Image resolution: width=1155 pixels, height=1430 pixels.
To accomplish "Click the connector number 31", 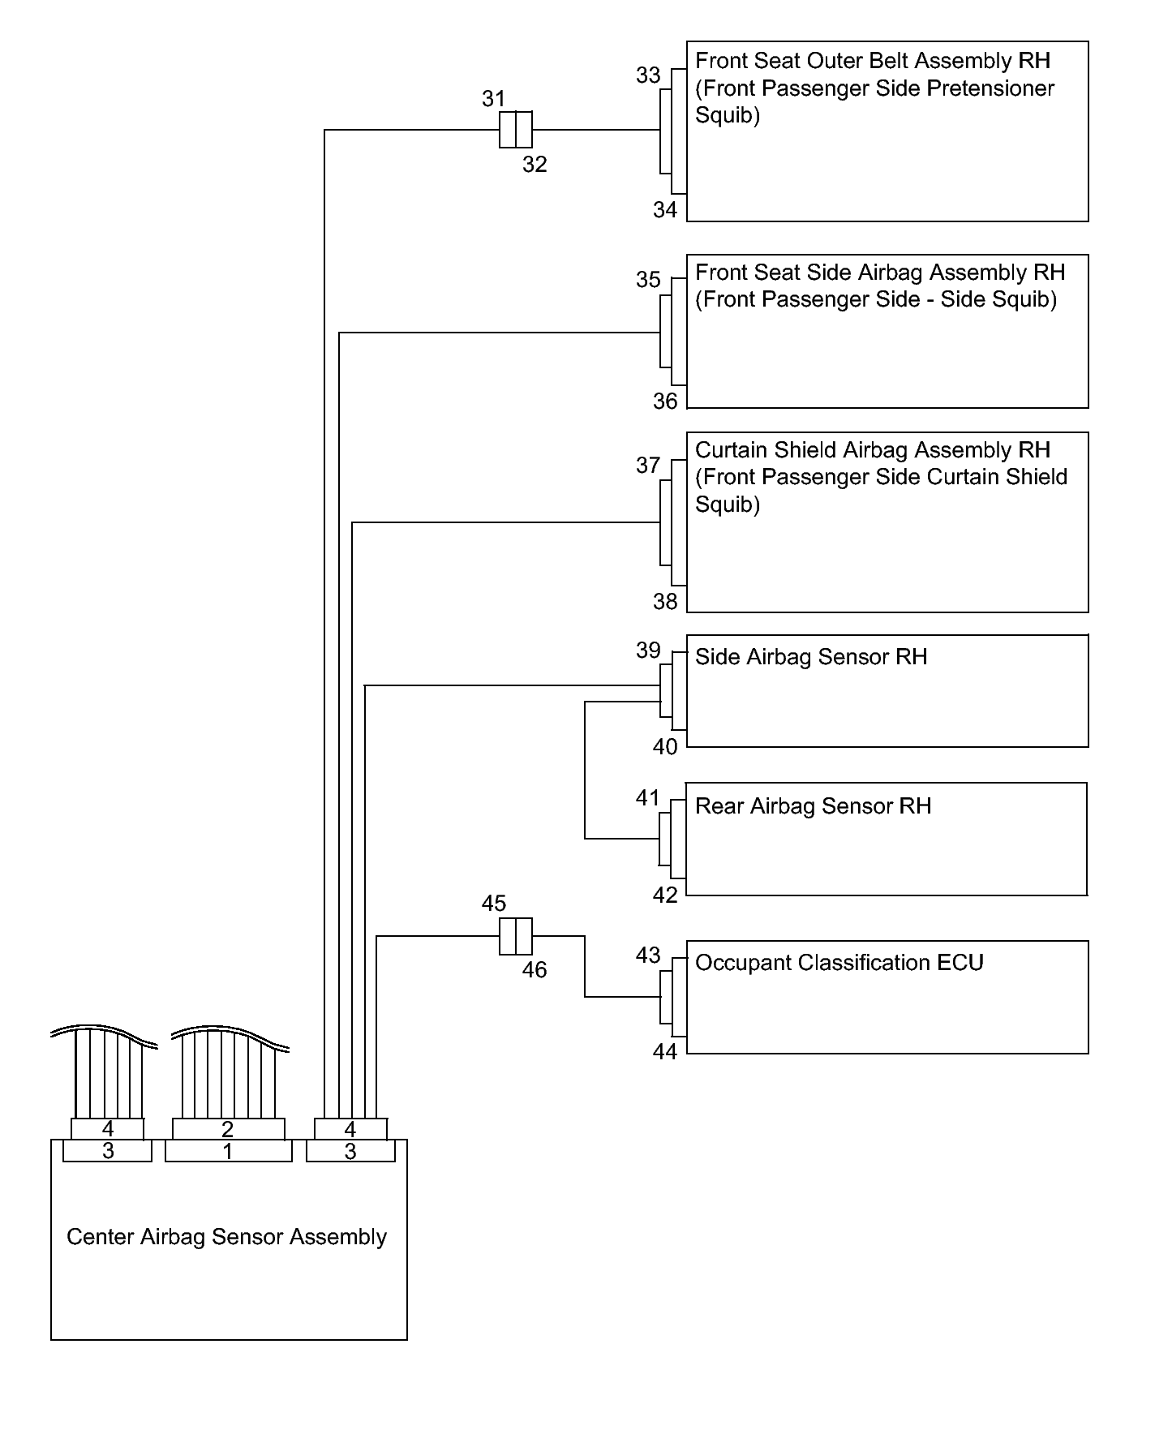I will tap(493, 99).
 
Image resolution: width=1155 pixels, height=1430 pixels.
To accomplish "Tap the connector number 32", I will tap(535, 165).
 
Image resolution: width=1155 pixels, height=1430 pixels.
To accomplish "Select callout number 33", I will tap(648, 75).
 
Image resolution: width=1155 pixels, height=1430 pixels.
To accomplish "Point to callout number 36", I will tap(665, 402).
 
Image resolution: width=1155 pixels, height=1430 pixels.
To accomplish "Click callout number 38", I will tap(665, 602).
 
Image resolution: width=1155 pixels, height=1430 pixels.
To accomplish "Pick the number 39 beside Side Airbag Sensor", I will tap(648, 651).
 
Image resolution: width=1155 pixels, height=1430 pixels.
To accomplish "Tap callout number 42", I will tap(665, 895).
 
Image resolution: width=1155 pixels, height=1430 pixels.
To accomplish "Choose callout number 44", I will tap(665, 1052).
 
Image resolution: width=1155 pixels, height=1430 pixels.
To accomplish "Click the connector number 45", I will tap(493, 904).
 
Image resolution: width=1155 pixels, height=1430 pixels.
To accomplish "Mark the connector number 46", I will tap(535, 970).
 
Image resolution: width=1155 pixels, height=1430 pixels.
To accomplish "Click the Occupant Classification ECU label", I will tap(839, 963).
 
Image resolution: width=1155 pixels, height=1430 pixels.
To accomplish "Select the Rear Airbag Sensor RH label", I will tap(813, 806).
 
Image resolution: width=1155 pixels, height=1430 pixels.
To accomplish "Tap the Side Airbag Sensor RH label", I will tap(811, 657).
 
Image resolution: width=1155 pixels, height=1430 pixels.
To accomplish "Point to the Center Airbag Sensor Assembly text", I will tap(226, 1237).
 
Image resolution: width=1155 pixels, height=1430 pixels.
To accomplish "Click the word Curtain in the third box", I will tap(730, 450).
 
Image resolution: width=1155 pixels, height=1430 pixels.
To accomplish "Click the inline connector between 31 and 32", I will tap(515, 130).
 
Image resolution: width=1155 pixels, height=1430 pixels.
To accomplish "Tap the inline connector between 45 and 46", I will tap(515, 936).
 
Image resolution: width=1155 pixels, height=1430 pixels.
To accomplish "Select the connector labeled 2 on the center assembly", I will tap(228, 1129).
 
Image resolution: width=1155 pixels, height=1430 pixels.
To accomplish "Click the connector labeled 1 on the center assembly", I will tap(228, 1152).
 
